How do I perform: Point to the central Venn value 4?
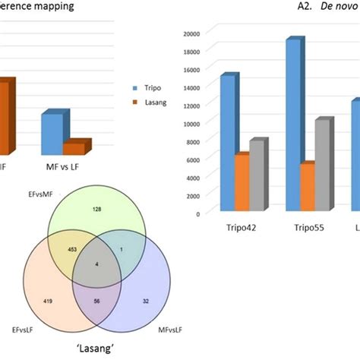(x=96, y=263)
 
